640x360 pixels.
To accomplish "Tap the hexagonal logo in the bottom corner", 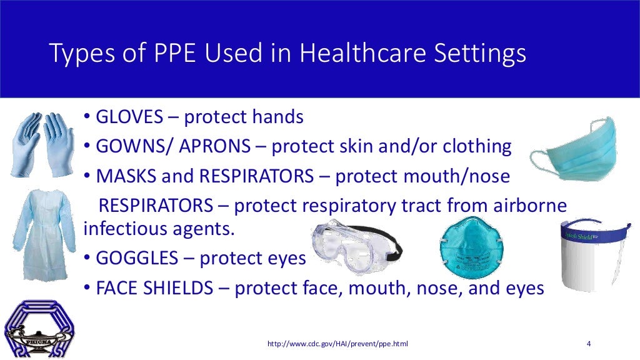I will (x=39, y=328).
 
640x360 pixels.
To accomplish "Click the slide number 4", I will (x=589, y=344).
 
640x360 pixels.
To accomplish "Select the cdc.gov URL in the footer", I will (x=338, y=344).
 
